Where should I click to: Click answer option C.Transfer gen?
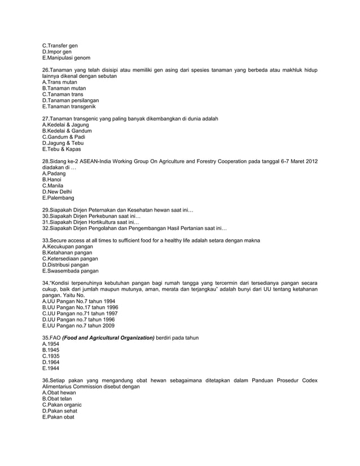click(60, 45)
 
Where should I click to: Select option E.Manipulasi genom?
click(66, 58)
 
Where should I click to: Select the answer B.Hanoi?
click(53, 179)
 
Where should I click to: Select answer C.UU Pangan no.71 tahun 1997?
click(80, 314)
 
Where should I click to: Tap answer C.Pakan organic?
click(62, 405)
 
